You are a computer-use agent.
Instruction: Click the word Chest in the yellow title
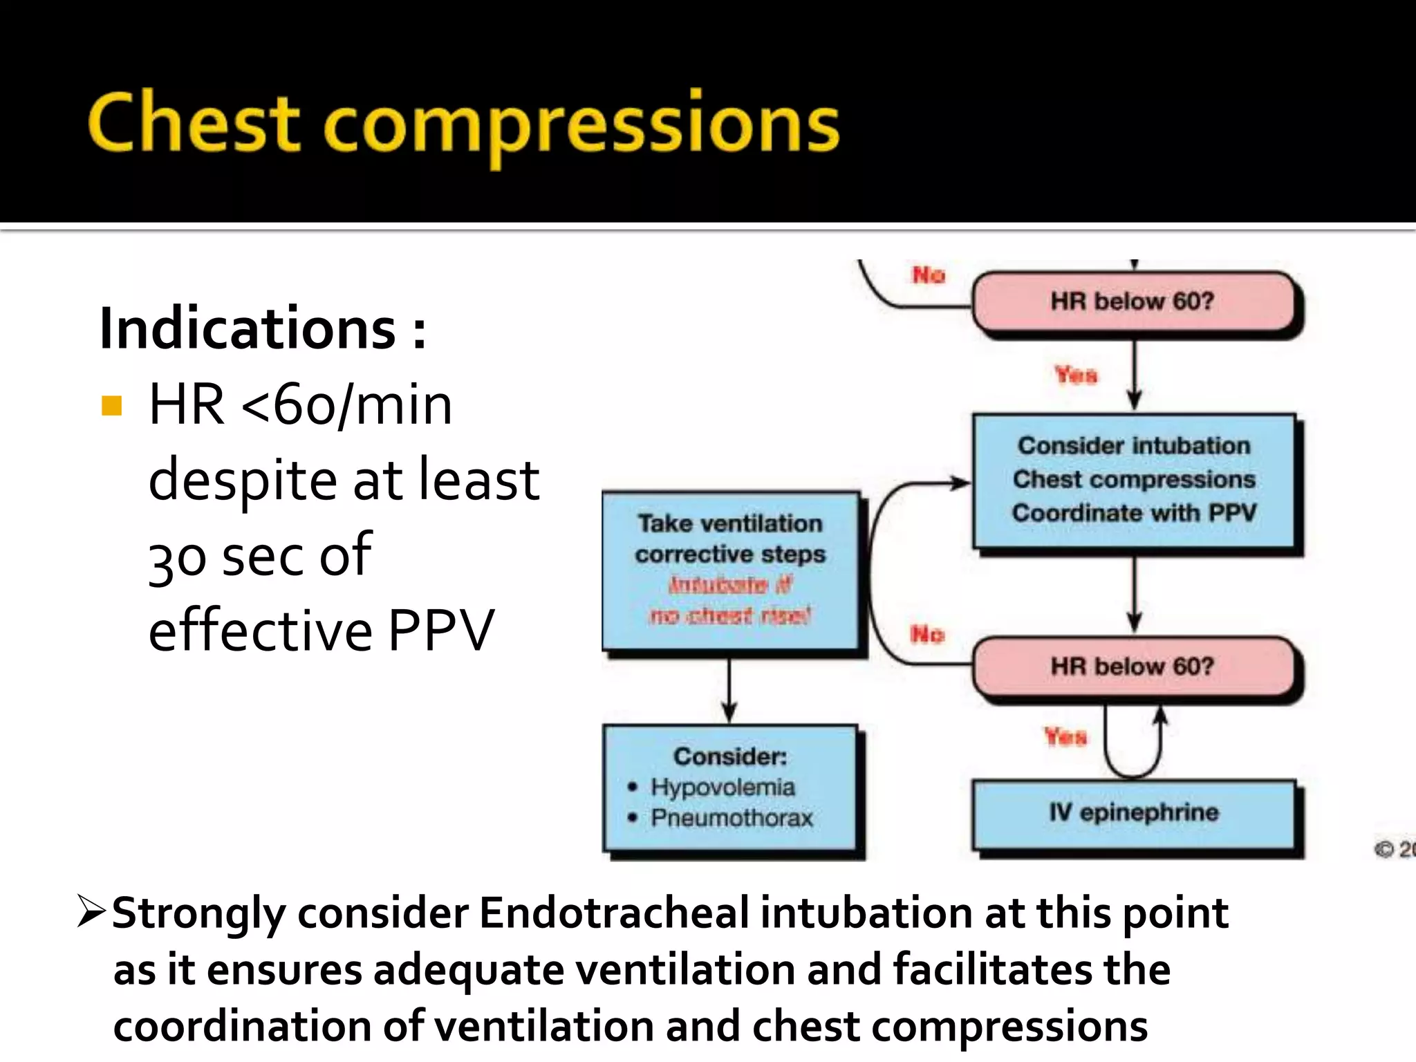tap(194, 123)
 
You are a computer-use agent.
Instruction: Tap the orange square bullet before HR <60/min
tap(111, 405)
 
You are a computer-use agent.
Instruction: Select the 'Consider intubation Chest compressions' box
tap(1134, 480)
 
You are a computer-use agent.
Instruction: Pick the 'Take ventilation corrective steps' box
tap(730, 570)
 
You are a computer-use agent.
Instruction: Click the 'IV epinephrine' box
tap(1134, 812)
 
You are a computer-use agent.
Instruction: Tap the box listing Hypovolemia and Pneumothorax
tap(730, 788)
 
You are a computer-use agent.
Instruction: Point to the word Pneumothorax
tap(732, 818)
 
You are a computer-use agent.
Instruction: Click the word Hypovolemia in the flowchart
tap(723, 787)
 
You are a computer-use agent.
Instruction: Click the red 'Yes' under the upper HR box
tap(1076, 375)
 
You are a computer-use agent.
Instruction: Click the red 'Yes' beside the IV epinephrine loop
tap(1065, 737)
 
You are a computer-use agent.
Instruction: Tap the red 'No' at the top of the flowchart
tap(929, 275)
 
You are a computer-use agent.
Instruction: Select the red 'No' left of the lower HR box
tap(927, 635)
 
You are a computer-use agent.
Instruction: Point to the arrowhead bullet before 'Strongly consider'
tap(91, 911)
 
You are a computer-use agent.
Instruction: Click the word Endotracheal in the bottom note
tap(614, 913)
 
